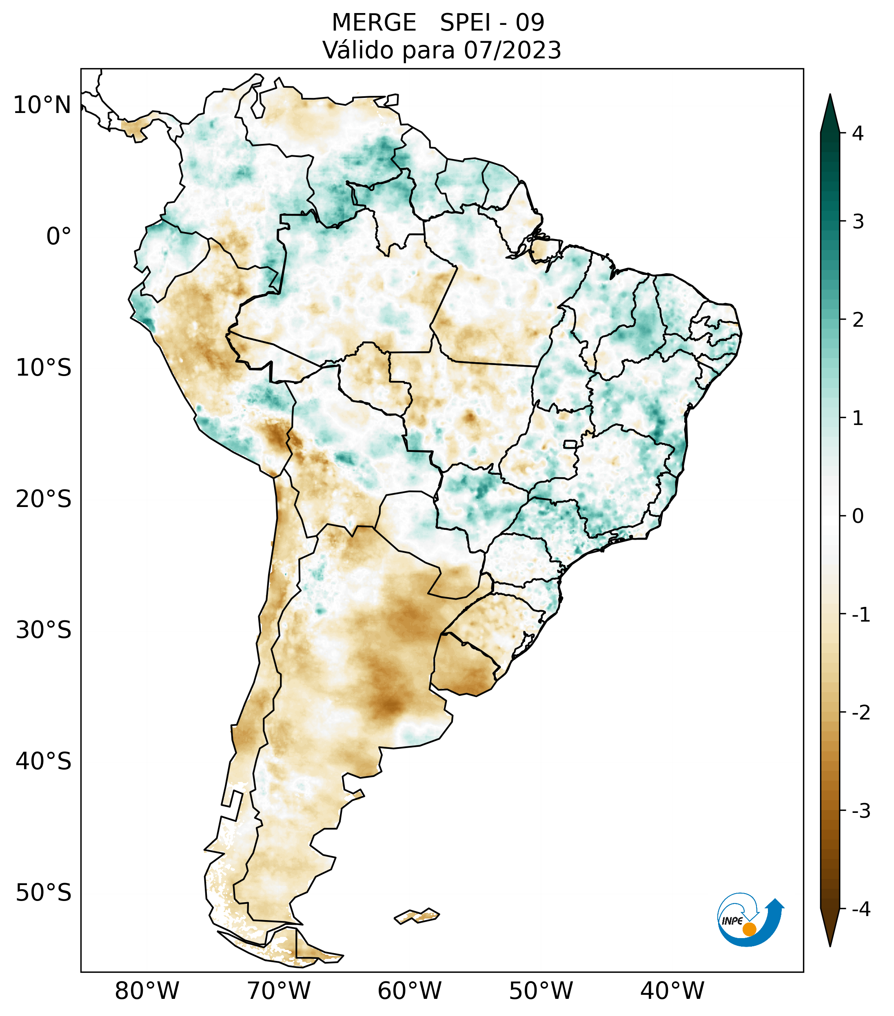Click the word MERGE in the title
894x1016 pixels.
point(373,23)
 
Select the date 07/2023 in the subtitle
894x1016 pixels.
point(512,50)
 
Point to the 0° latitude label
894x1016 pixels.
point(59,237)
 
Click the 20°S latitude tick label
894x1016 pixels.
point(44,499)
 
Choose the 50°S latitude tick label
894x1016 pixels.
point(44,893)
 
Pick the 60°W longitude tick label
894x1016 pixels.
point(409,990)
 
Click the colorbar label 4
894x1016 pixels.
point(858,133)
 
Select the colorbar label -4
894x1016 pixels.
point(861,909)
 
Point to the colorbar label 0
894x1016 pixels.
point(858,516)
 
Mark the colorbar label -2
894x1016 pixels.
point(861,713)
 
